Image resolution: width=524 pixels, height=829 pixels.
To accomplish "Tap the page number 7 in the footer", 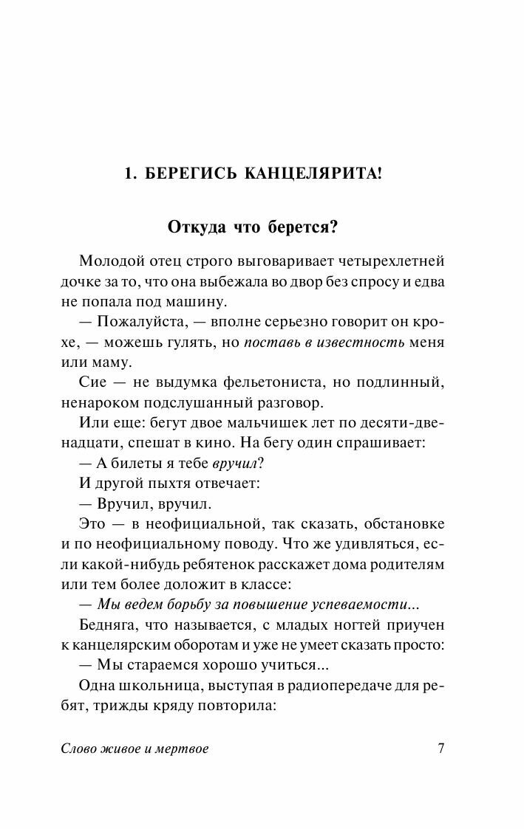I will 440,749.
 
